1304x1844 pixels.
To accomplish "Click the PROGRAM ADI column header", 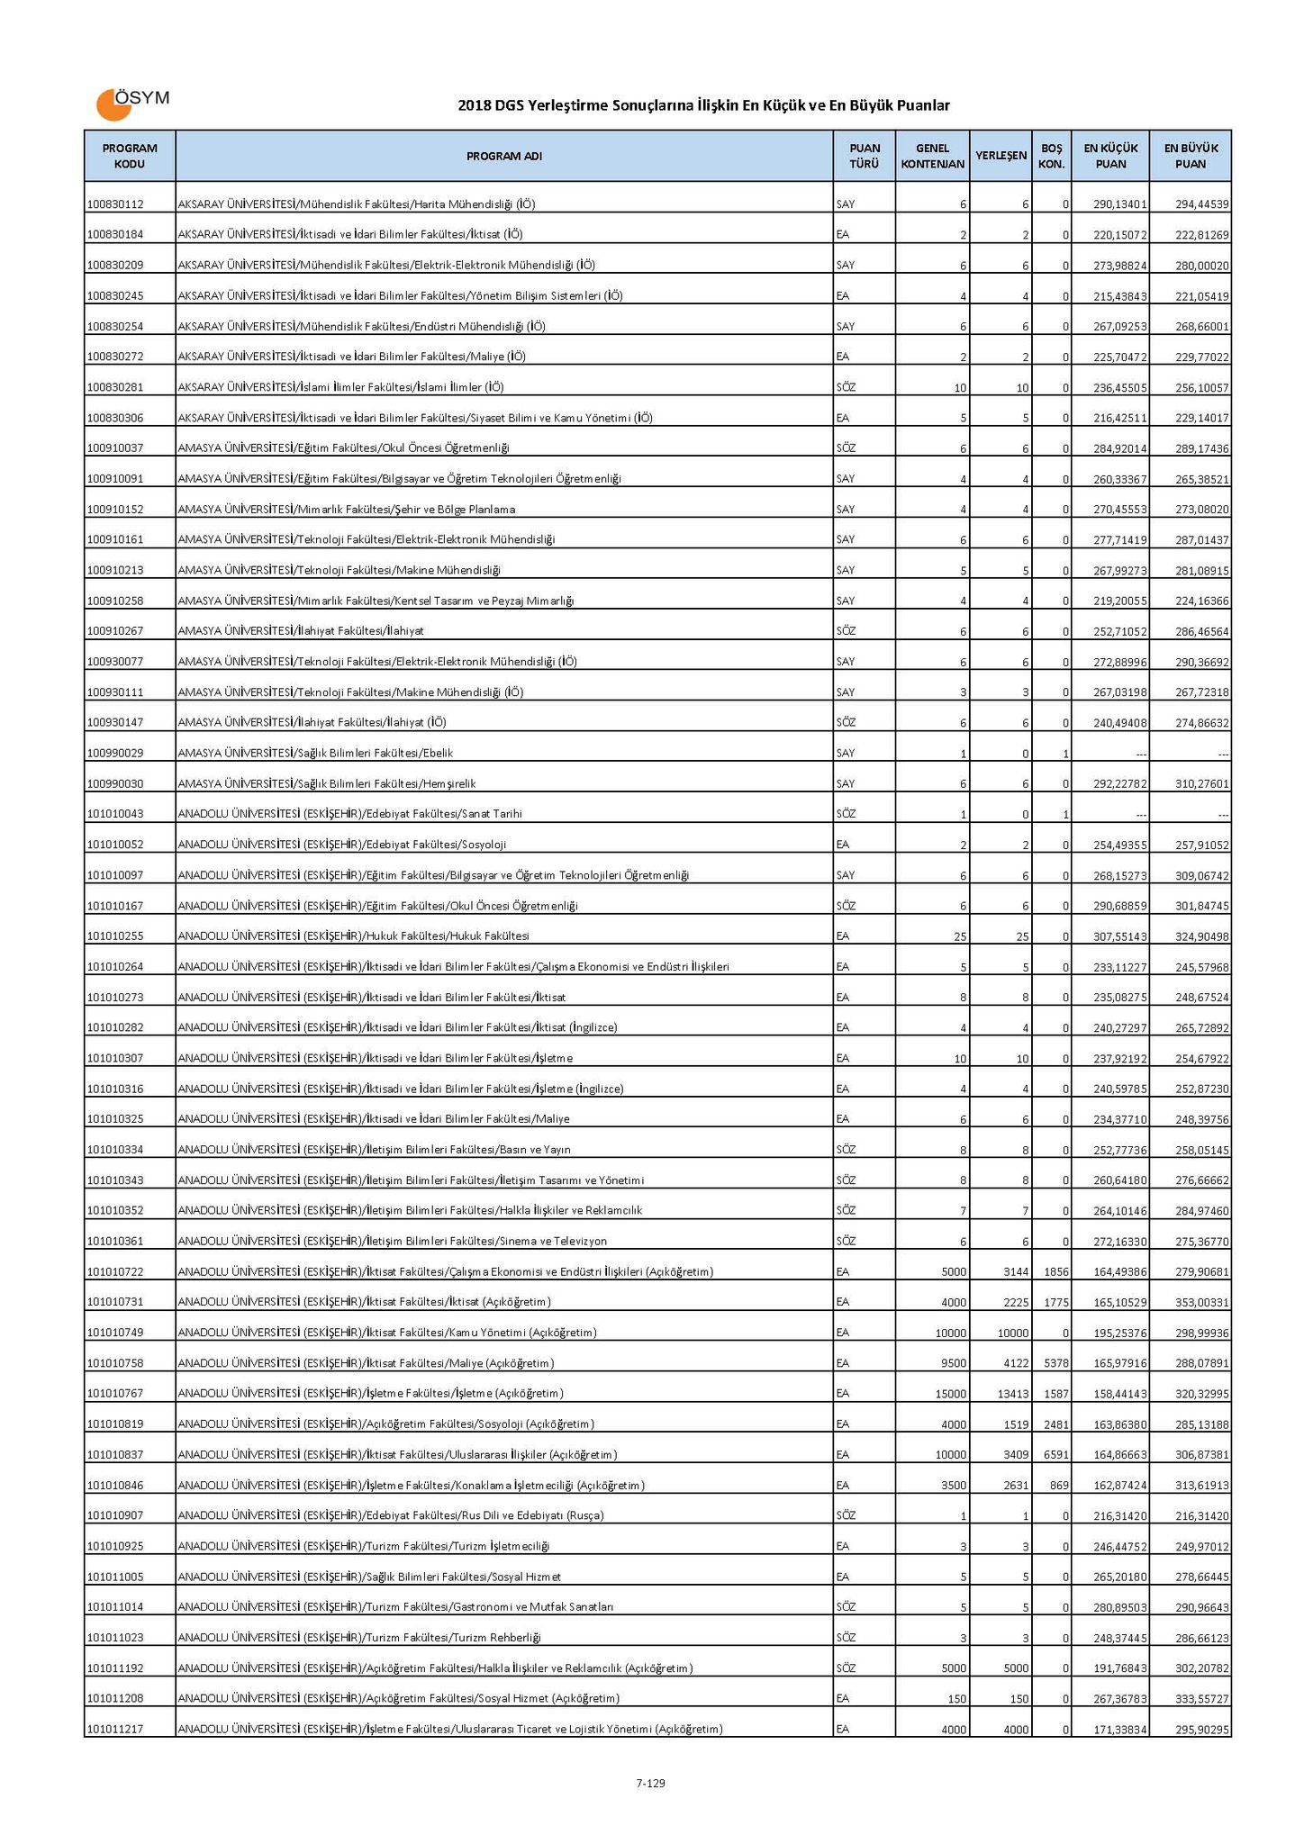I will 503,157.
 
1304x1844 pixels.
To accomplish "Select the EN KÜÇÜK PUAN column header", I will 1109,157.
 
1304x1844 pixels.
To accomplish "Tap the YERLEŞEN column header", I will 1001,157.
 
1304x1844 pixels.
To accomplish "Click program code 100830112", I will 115,204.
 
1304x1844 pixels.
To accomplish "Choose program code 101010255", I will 115,936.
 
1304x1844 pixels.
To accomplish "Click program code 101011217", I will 115,1730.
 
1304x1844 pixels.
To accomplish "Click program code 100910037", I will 115,448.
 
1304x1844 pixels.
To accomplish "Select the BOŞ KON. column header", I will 1051,157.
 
